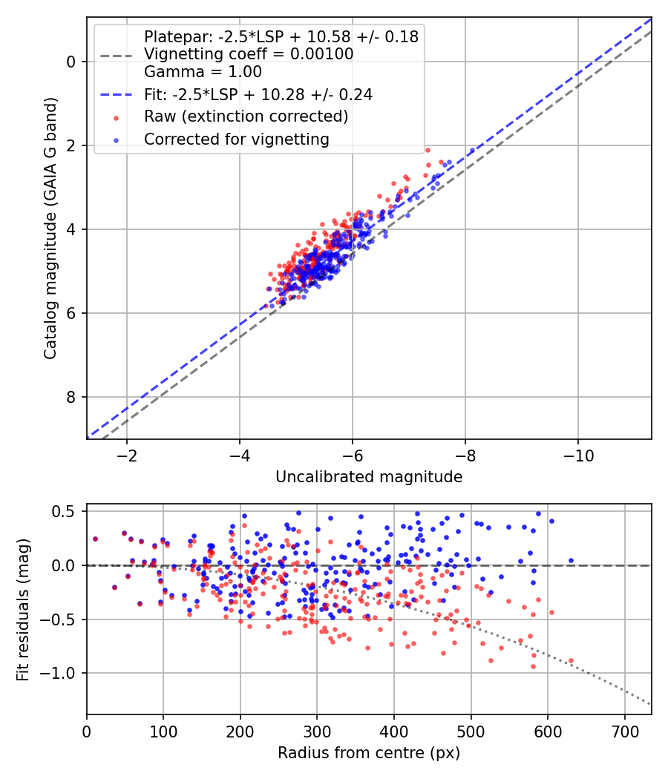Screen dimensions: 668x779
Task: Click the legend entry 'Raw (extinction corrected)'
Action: point(246,116)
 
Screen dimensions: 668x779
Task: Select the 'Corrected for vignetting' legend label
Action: point(237,139)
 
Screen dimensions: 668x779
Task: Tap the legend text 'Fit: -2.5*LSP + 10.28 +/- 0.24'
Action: point(258,94)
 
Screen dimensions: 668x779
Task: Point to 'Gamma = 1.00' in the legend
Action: point(203,71)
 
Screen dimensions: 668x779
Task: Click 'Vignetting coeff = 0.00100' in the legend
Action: point(249,53)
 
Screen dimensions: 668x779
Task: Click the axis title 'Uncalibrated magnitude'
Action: point(369,477)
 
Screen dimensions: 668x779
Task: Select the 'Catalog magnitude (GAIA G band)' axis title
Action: point(50,228)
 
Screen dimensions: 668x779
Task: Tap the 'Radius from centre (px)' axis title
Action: point(369,753)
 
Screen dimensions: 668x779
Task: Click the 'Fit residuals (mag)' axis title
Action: point(23,610)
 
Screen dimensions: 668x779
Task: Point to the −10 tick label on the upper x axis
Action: point(578,455)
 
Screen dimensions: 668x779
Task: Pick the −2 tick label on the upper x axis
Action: point(127,455)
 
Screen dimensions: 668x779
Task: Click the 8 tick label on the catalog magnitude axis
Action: point(71,397)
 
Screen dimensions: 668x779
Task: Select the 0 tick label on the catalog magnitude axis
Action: point(71,62)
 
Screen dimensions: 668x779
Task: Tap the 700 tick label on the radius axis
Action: point(624,732)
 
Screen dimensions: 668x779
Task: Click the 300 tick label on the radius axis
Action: point(317,732)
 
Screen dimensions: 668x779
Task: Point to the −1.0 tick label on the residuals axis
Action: point(56,673)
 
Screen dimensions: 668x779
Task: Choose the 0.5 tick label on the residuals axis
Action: point(64,511)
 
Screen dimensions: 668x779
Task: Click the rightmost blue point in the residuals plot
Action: point(571,560)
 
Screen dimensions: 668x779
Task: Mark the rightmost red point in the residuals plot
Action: point(571,661)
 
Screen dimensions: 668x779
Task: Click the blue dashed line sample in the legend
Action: point(117,94)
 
